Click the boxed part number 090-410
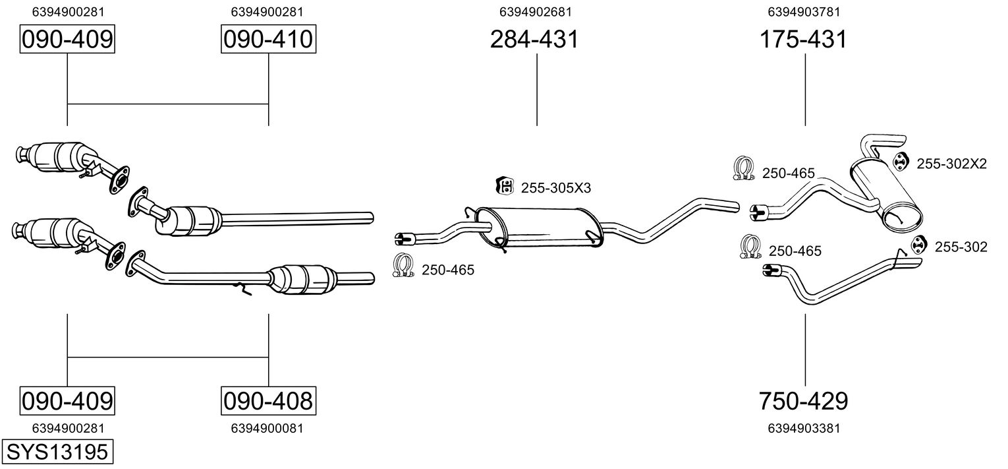pos(268,39)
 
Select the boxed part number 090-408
pos(268,400)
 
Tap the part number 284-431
pos(534,39)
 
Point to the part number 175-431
pos(803,39)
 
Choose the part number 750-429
pos(803,400)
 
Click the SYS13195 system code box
pos(57,451)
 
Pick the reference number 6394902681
pos(536,12)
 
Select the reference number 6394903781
pos(804,12)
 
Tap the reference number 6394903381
pos(804,428)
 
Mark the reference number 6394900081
pos(267,428)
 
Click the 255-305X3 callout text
pos(556,188)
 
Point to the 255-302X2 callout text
pos(952,164)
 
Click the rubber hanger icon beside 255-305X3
pos(505,185)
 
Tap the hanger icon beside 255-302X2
pos(900,162)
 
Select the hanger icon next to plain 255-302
pos(918,245)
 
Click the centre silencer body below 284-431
pos(539,227)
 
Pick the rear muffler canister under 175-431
pos(885,195)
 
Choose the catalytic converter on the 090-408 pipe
pos(302,279)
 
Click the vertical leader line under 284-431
pos(537,90)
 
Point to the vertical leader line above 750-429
pos(805,350)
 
